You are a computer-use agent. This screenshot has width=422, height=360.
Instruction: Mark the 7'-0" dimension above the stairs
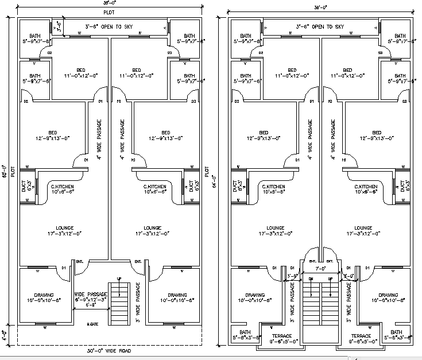point(320,269)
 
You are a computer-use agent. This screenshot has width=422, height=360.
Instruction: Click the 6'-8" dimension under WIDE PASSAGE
point(91,305)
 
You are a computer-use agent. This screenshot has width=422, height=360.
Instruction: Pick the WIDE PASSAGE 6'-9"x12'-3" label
point(91,296)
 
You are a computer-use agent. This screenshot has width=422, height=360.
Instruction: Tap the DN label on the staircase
point(311,278)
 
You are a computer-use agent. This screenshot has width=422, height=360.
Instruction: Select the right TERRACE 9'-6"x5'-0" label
point(359,339)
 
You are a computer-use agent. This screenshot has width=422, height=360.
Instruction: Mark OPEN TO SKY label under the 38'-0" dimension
point(320,26)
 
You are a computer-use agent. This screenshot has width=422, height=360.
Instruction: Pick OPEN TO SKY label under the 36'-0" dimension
point(115,26)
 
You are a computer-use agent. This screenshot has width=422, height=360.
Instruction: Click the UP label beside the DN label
point(330,278)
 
